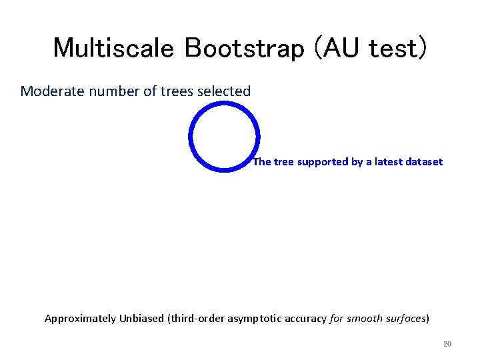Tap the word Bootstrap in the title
(217, 48)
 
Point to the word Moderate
(48, 91)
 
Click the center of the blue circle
(224, 137)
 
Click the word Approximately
(80, 319)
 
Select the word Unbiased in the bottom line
(141, 319)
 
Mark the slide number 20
(447, 344)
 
